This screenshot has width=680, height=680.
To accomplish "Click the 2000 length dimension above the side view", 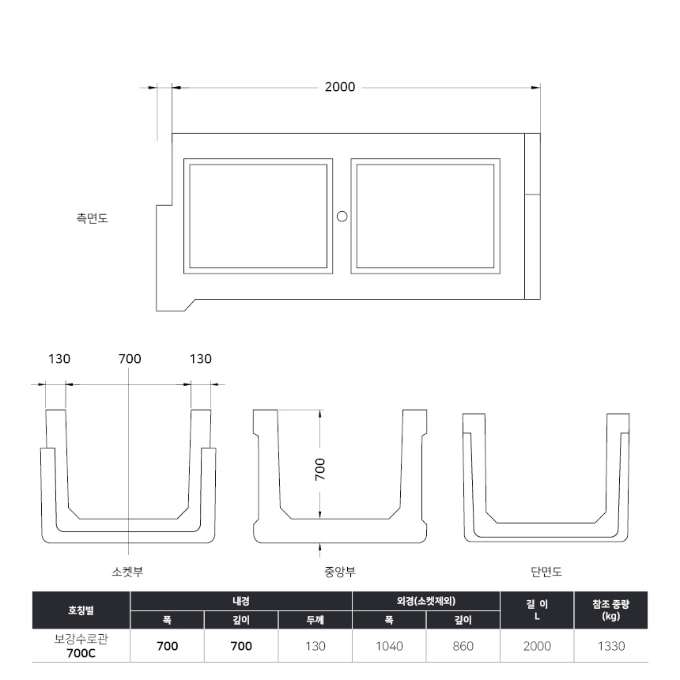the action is pos(340,87).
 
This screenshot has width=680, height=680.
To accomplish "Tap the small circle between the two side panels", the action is pos(342,216).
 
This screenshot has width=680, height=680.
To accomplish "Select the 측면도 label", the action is pos(92,217).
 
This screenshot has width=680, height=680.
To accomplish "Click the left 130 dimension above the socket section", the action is pos(59,359).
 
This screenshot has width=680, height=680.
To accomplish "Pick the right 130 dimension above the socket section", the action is pos(200,359).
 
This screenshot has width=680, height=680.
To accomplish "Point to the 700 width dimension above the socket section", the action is pos(130,359).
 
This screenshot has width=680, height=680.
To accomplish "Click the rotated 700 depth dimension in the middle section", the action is pos(320,469).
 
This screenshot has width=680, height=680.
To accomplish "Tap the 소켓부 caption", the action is pos(127,572).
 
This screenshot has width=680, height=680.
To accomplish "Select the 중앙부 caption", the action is pos(340,572).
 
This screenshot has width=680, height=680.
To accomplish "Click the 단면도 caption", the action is pos(546,572).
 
